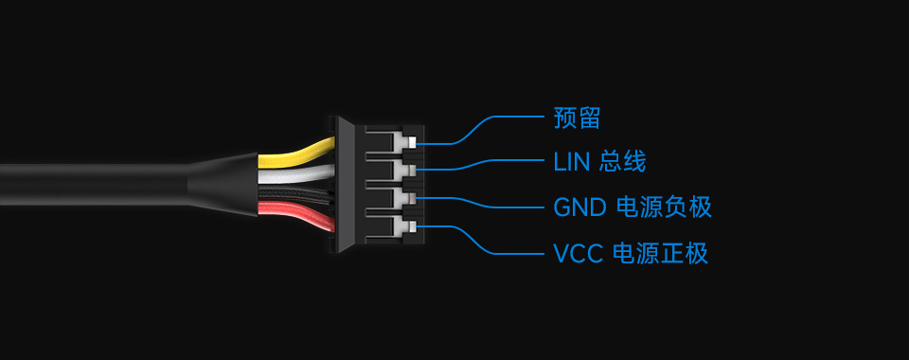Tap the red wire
pos(295,212)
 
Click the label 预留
pos(577,118)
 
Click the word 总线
pos(623,162)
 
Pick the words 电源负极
pos(663,207)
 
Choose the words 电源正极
pos(661,254)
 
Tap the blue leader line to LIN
pos(492,165)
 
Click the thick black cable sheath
pos(95,185)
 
